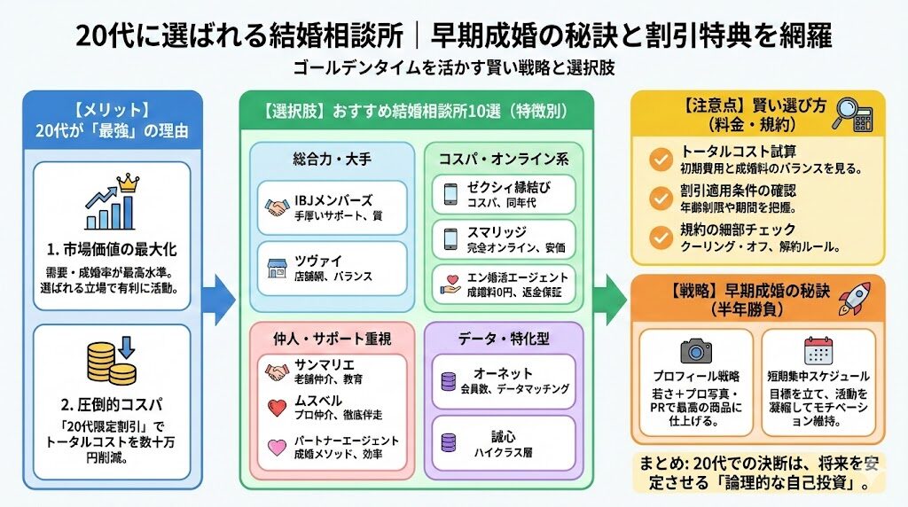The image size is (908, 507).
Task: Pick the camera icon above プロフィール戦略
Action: click(695, 348)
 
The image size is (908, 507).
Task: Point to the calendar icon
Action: click(817, 348)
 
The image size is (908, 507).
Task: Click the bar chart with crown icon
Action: click(112, 205)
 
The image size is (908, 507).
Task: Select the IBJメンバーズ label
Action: click(334, 199)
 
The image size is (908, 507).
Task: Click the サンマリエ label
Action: click(325, 363)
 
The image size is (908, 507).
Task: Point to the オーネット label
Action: click(504, 374)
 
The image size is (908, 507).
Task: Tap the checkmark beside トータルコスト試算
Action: click(660, 159)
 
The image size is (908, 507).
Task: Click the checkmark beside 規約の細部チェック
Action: click(660, 236)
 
